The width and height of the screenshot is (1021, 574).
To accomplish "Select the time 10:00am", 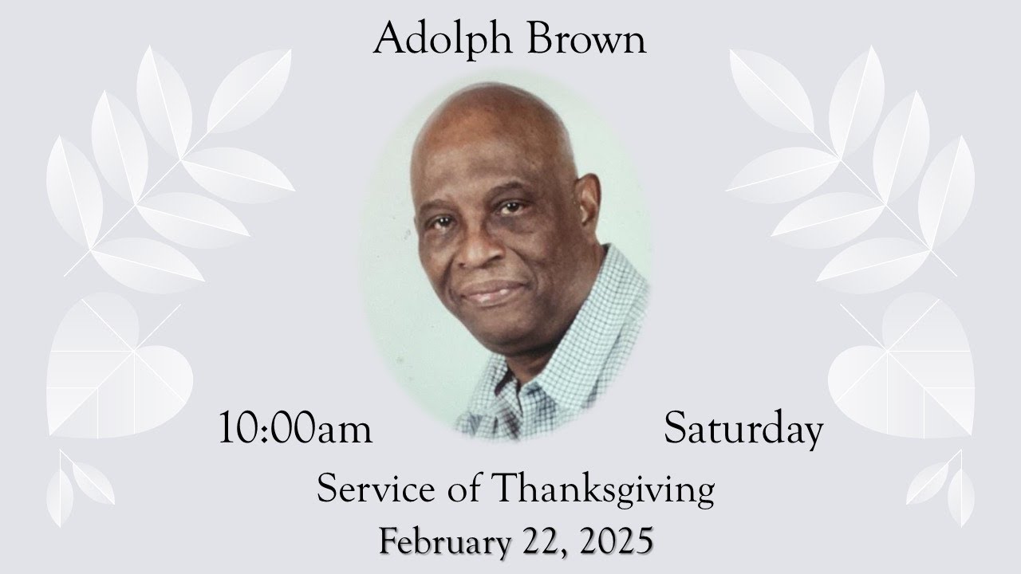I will (x=296, y=430).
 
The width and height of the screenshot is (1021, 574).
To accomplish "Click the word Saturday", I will (x=743, y=430).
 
